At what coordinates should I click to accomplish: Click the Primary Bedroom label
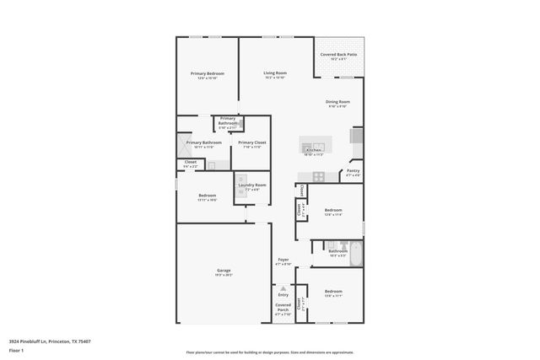pyautogui.click(x=207, y=74)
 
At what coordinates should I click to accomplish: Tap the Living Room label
pyautogui.click(x=275, y=73)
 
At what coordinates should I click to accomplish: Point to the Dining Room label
pyautogui.click(x=338, y=102)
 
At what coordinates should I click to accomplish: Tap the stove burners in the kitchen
pyautogui.click(x=319, y=176)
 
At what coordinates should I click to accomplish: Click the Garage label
pyautogui.click(x=224, y=271)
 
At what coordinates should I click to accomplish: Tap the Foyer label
pyautogui.click(x=283, y=260)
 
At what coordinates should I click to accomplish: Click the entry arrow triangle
pyautogui.click(x=283, y=288)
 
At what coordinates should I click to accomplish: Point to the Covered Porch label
pyautogui.click(x=283, y=309)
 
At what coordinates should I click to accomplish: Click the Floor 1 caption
pyautogui.click(x=16, y=349)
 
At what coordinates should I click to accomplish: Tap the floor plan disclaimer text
pyautogui.click(x=269, y=352)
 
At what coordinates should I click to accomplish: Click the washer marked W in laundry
pyautogui.click(x=240, y=180)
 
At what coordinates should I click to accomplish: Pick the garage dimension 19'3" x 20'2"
pyautogui.click(x=224, y=275)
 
